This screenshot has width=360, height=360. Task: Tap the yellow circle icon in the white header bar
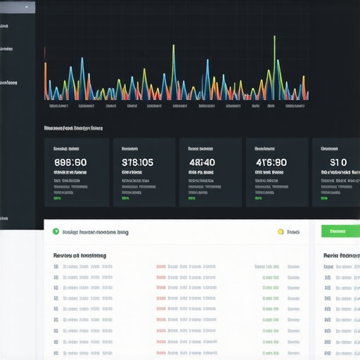[x=281, y=231]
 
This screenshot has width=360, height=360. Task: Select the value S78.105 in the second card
[x=137, y=162]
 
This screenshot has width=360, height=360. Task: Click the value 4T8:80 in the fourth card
[x=271, y=162]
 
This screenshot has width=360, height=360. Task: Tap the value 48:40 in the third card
[x=202, y=162]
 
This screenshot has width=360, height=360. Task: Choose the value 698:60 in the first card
[x=70, y=162]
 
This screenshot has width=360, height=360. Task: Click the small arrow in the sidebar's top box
[x=27, y=7]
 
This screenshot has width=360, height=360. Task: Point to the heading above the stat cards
[x=73, y=129]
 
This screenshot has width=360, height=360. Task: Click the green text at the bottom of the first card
[x=57, y=198]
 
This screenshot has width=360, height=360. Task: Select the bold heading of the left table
[x=80, y=256]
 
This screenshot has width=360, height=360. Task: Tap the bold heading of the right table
[x=341, y=256]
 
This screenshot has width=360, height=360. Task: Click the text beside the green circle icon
[x=95, y=231]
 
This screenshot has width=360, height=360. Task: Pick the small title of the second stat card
[x=129, y=149]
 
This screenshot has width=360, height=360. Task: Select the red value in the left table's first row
[x=161, y=267]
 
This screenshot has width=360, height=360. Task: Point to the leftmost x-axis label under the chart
[x=58, y=106]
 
